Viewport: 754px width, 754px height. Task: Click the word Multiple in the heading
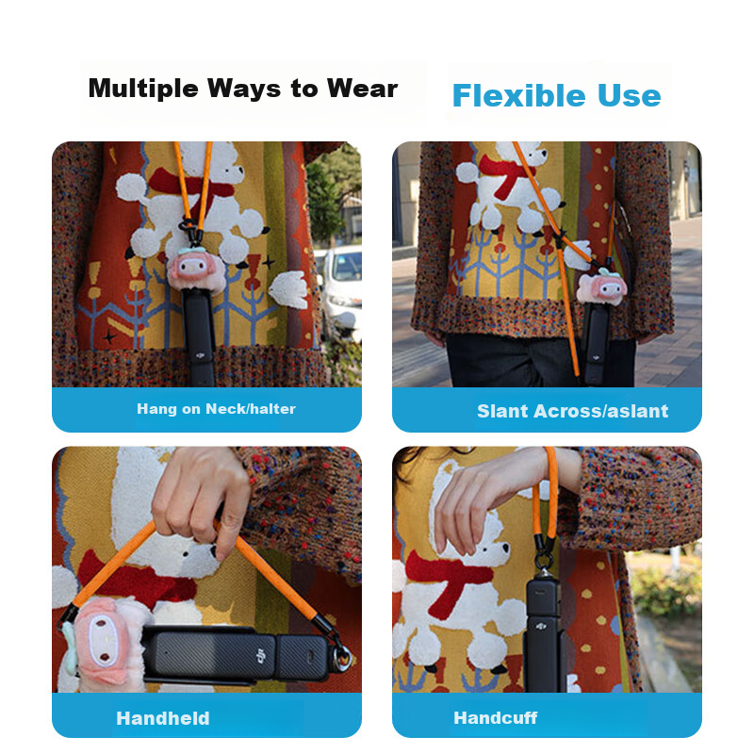143,89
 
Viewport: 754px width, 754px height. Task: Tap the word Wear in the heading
362,88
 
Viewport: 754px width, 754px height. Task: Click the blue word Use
630,96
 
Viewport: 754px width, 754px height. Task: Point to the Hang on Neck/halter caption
216,409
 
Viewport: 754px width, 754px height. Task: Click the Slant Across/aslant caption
572,411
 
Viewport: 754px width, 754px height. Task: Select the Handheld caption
163,718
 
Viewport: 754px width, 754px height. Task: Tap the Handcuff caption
496,718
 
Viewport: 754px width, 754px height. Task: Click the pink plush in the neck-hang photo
196,272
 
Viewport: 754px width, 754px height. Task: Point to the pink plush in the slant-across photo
601,288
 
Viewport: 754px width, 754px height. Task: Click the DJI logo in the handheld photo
260,655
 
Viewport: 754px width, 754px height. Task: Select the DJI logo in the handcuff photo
541,626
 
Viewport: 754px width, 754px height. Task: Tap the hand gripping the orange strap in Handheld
202,500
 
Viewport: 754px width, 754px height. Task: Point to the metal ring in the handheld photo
342,657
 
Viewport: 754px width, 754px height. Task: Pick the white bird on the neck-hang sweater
288,289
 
